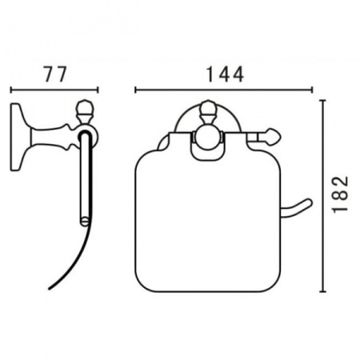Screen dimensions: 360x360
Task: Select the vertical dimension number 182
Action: pos(341,194)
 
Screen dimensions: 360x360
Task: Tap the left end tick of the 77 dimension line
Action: pos(11,90)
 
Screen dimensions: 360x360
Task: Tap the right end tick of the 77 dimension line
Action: pos(98,90)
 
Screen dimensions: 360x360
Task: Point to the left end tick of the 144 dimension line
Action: pos(136,90)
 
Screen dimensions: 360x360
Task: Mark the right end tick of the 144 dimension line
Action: pos(311,90)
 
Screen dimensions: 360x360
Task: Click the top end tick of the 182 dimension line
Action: pos(322,101)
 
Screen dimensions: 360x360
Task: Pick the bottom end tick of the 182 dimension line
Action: pos(322,291)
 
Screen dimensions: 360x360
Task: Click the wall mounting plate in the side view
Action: pos(17,137)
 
